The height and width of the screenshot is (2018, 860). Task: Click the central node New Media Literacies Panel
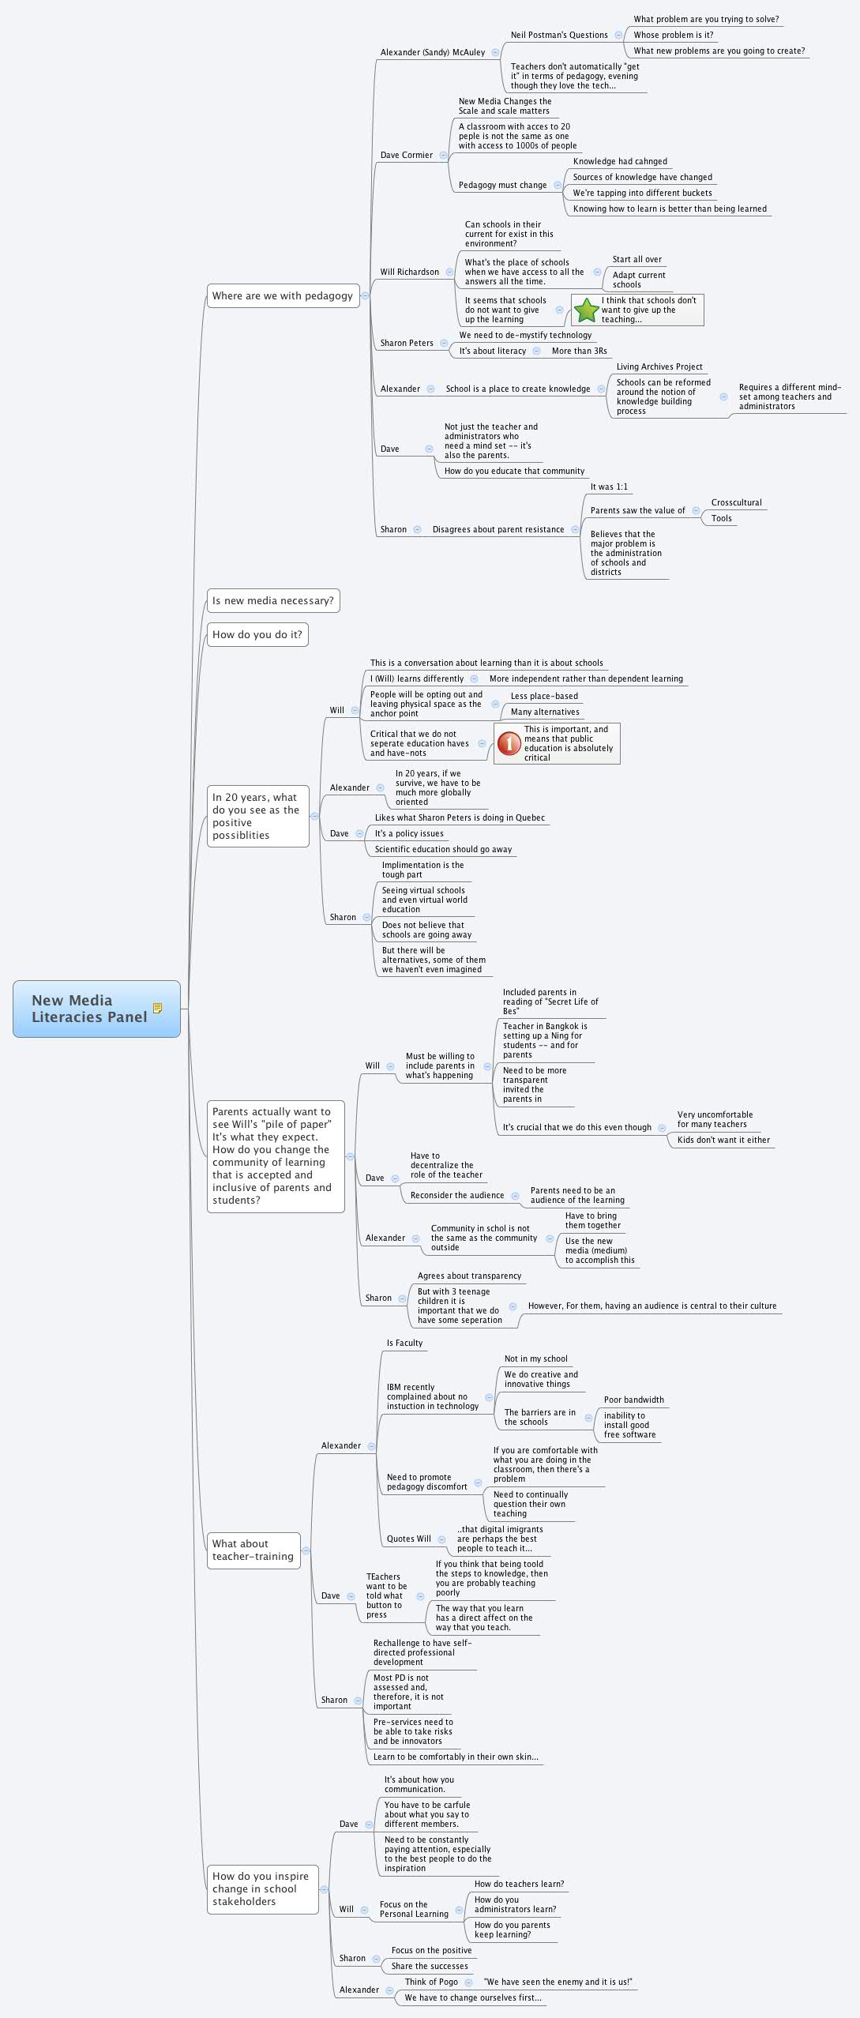pyautogui.click(x=89, y=1009)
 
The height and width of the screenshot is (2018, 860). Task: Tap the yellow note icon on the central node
pyautogui.click(x=158, y=1008)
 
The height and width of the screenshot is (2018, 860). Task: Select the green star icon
pyautogui.click(x=586, y=310)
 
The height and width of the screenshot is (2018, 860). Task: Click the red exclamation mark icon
pyautogui.click(x=509, y=743)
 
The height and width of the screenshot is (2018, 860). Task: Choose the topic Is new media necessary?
pyautogui.click(x=272, y=600)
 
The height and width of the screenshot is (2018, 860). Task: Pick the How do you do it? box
pyautogui.click(x=257, y=634)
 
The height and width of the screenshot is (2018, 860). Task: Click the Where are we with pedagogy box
pyautogui.click(x=282, y=295)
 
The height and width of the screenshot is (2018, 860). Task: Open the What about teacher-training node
pyautogui.click(x=253, y=1550)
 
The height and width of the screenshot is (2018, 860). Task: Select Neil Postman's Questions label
pyautogui.click(x=559, y=35)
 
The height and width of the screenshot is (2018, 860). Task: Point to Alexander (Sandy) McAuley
pyautogui.click(x=433, y=52)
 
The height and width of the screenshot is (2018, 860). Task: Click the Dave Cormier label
pyautogui.click(x=407, y=155)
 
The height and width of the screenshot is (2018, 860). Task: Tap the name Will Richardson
pyautogui.click(x=409, y=272)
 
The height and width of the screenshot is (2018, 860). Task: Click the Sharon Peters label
pyautogui.click(x=407, y=343)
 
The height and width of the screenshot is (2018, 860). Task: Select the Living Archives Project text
pyautogui.click(x=659, y=366)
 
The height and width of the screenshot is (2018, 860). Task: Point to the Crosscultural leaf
pyautogui.click(x=736, y=502)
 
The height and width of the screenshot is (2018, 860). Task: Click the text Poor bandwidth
pyautogui.click(x=633, y=1400)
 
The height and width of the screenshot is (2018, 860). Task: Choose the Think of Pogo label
pyautogui.click(x=431, y=1982)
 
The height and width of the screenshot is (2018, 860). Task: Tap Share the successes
pyautogui.click(x=430, y=1966)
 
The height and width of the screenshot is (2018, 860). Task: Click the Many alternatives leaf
pyautogui.click(x=545, y=712)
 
